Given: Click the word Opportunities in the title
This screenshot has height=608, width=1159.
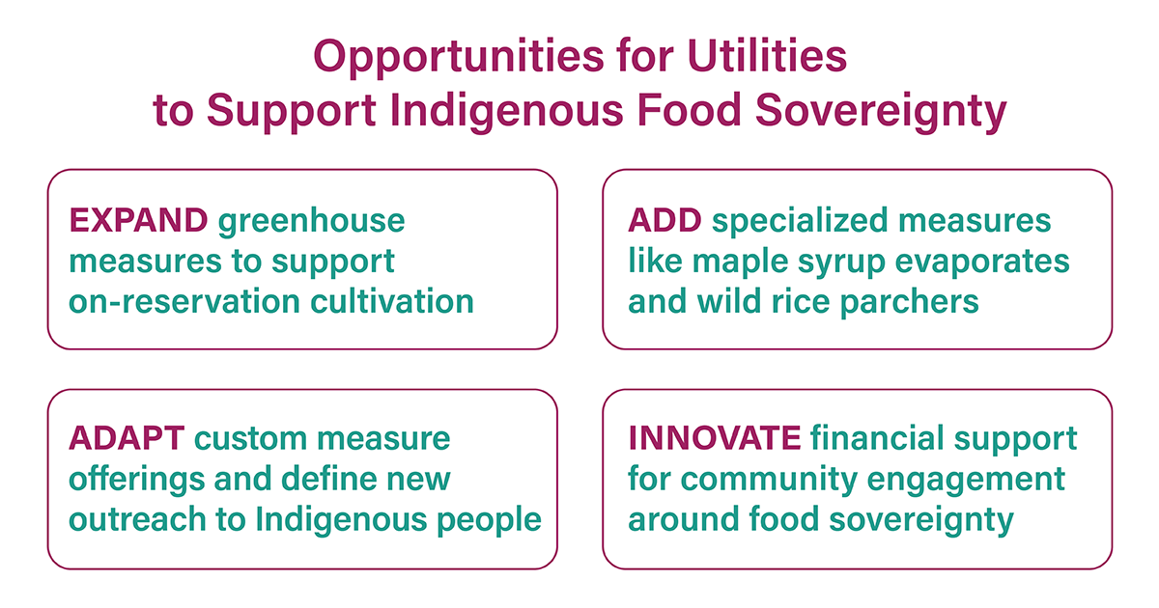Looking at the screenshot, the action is click(x=459, y=57).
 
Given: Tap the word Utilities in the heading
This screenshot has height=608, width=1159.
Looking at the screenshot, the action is click(x=767, y=55).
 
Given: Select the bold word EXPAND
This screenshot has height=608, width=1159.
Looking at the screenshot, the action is click(x=138, y=220).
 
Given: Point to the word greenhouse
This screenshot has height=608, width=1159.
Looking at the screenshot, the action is click(x=311, y=222).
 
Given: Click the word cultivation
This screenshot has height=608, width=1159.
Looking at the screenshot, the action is click(x=392, y=301).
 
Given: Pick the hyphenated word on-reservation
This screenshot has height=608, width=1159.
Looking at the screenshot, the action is click(x=184, y=302).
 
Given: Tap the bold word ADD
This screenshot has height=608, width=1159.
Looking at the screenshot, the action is click(x=664, y=220).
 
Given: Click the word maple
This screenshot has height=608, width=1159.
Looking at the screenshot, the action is click(x=740, y=263).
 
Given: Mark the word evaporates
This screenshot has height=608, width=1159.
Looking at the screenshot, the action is click(x=982, y=263).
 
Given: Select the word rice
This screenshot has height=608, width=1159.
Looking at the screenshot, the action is click(x=801, y=301).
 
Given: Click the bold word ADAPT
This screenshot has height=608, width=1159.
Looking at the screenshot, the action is click(x=127, y=438).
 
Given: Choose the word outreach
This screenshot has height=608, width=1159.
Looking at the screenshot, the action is click(x=137, y=519).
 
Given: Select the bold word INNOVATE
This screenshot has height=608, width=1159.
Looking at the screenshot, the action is click(x=715, y=438).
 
